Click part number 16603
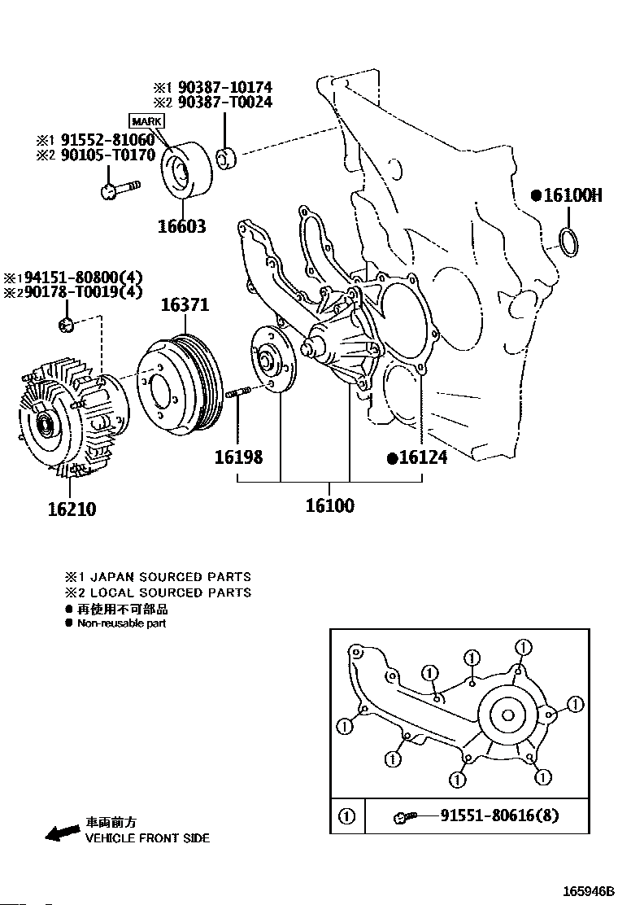(x=182, y=227)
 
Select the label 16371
(x=185, y=305)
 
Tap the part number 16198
(x=238, y=457)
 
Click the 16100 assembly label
(x=329, y=505)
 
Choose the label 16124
(x=422, y=457)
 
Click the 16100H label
(x=572, y=195)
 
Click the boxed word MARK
(x=147, y=121)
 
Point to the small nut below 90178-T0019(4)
(x=67, y=326)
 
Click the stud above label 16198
(x=237, y=395)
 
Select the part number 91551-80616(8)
(x=499, y=815)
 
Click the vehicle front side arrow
(x=62, y=832)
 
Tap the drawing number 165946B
(x=585, y=890)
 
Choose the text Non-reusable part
(x=121, y=623)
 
